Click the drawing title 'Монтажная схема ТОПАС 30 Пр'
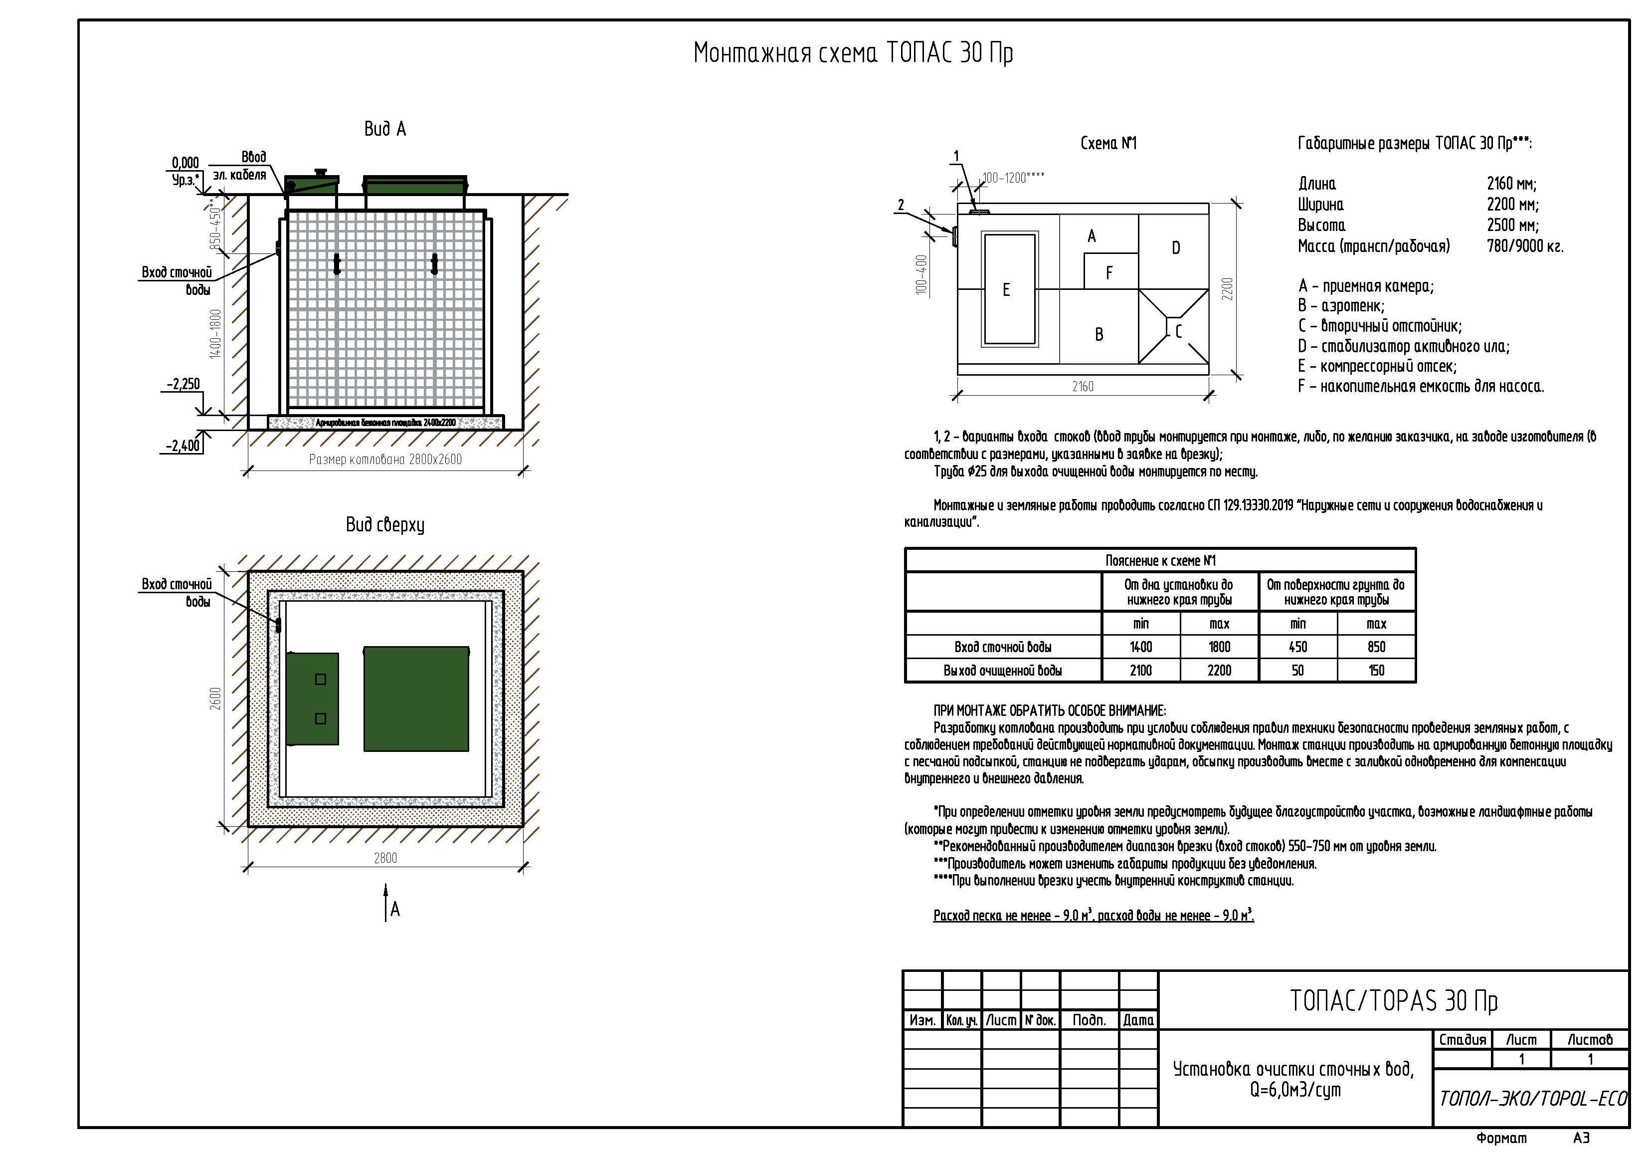tap(853, 53)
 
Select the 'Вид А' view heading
tap(385, 129)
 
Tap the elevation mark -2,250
tap(183, 384)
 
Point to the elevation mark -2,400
tap(183, 446)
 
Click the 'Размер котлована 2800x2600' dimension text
tap(385, 460)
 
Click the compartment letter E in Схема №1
tap(1006, 290)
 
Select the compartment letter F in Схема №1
tap(1109, 273)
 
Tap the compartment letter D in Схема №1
tap(1176, 248)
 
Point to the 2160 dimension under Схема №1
tap(1083, 387)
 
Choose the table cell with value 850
tap(1376, 647)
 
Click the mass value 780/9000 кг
tap(1525, 246)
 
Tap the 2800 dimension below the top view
tap(385, 858)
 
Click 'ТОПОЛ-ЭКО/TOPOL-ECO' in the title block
tap(1533, 1099)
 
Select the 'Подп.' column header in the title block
tap(1089, 1020)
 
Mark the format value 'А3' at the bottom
tap(1581, 1138)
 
